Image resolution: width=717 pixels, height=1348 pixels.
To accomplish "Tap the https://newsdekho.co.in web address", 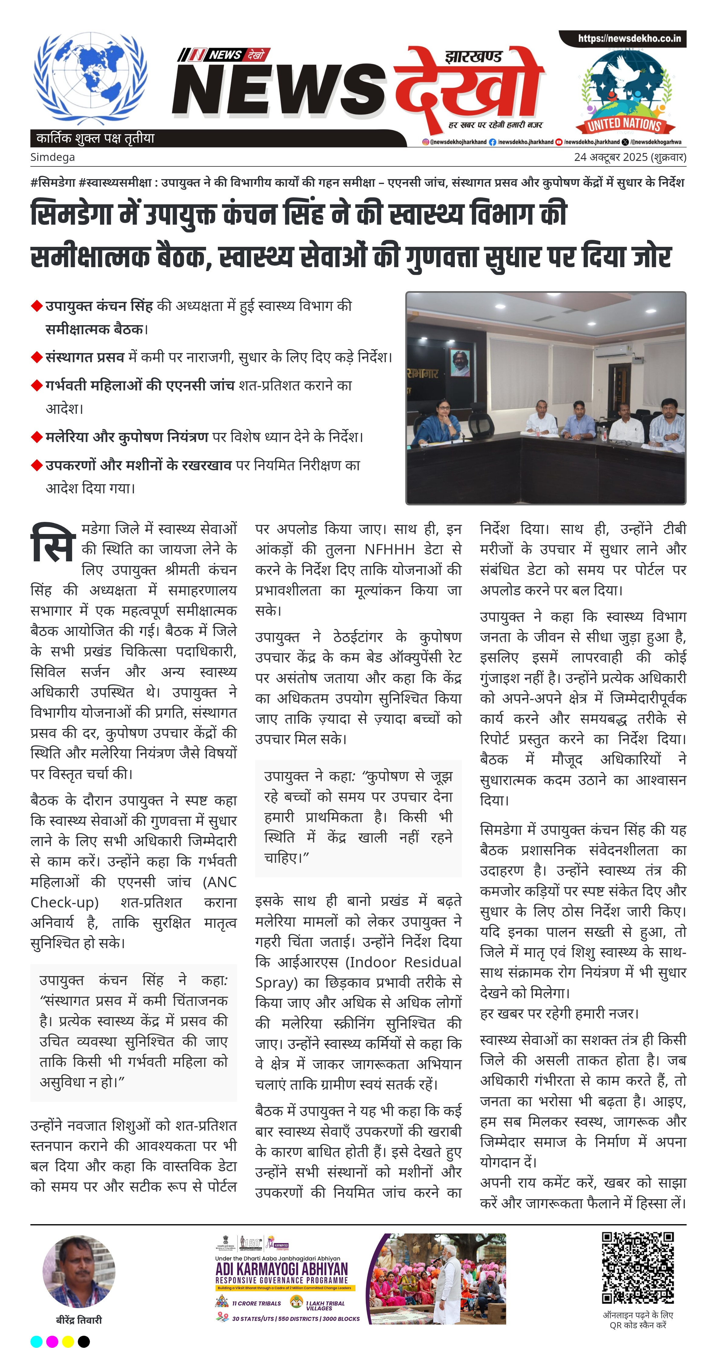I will [629, 39].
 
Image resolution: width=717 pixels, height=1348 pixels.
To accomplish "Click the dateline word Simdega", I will [52, 157].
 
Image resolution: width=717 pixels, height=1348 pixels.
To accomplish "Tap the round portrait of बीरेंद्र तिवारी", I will [79, 1271].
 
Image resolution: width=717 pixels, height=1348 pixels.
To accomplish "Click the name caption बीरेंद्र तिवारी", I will [79, 1320].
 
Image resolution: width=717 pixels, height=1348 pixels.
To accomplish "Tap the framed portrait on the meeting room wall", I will [460, 363].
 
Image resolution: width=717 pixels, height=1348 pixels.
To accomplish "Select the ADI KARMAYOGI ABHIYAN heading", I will [281, 1269].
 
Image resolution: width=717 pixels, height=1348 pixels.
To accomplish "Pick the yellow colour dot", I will [67, 1341].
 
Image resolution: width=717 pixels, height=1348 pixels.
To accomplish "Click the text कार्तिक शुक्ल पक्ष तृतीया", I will [95, 139].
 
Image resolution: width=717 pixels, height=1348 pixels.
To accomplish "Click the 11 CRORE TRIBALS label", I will [257, 1303].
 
